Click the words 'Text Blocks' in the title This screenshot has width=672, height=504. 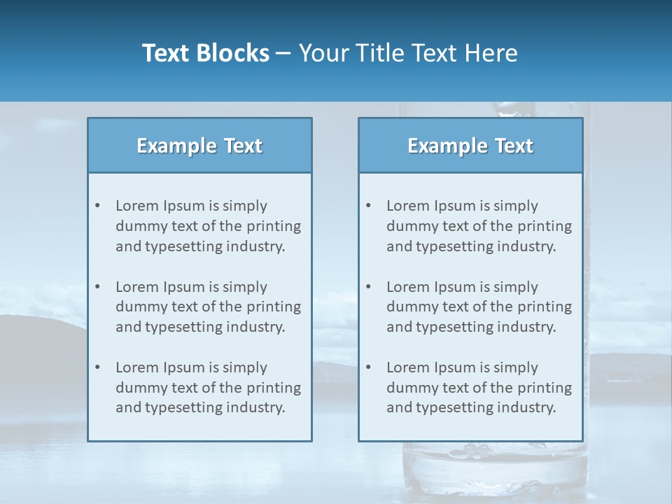pyautogui.click(x=205, y=53)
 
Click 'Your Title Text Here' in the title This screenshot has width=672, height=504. pyautogui.click(x=408, y=53)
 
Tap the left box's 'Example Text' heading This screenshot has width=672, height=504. pyautogui.click(x=199, y=146)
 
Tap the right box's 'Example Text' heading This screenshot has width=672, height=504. pyautogui.click(x=470, y=146)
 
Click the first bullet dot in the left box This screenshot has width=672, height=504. pyautogui.click(x=97, y=206)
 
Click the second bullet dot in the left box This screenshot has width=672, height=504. pyautogui.click(x=97, y=287)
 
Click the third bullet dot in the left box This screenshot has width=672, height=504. pyautogui.click(x=97, y=367)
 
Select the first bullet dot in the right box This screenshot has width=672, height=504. pyautogui.click(x=368, y=206)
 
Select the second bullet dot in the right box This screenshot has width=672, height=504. pyautogui.click(x=368, y=287)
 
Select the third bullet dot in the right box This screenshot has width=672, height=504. pyautogui.click(x=368, y=367)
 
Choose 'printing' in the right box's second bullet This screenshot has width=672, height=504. pyautogui.click(x=545, y=307)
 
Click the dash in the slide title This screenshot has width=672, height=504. pyautogui.click(x=283, y=53)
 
